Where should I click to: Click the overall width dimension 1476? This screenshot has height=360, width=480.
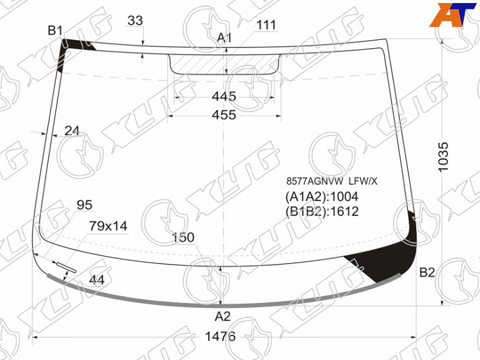tap(220, 337)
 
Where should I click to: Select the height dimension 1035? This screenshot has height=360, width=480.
tap(443, 157)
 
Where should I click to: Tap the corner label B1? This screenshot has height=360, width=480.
tap(55, 31)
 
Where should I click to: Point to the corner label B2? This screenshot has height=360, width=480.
tap(427, 272)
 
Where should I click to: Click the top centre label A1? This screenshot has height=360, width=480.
tap(224, 38)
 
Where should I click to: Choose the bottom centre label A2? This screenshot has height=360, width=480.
tap(223, 316)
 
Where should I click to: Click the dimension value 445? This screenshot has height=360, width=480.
tap(224, 97)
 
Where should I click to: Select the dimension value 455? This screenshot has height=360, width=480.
tap(224, 115)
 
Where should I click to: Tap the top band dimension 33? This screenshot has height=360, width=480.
tap(135, 20)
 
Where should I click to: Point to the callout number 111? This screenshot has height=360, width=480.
tap(266, 25)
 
